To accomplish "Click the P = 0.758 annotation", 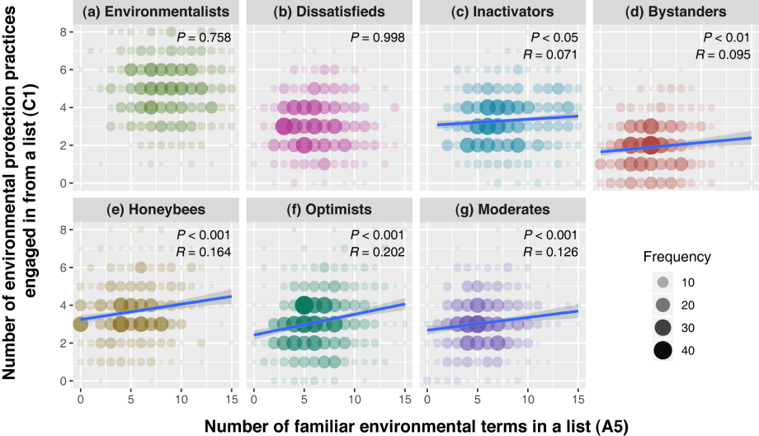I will (x=210, y=38).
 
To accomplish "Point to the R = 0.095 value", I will (x=727, y=56).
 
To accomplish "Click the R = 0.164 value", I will (x=210, y=253).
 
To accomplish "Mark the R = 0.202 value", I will (x=383, y=253).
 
